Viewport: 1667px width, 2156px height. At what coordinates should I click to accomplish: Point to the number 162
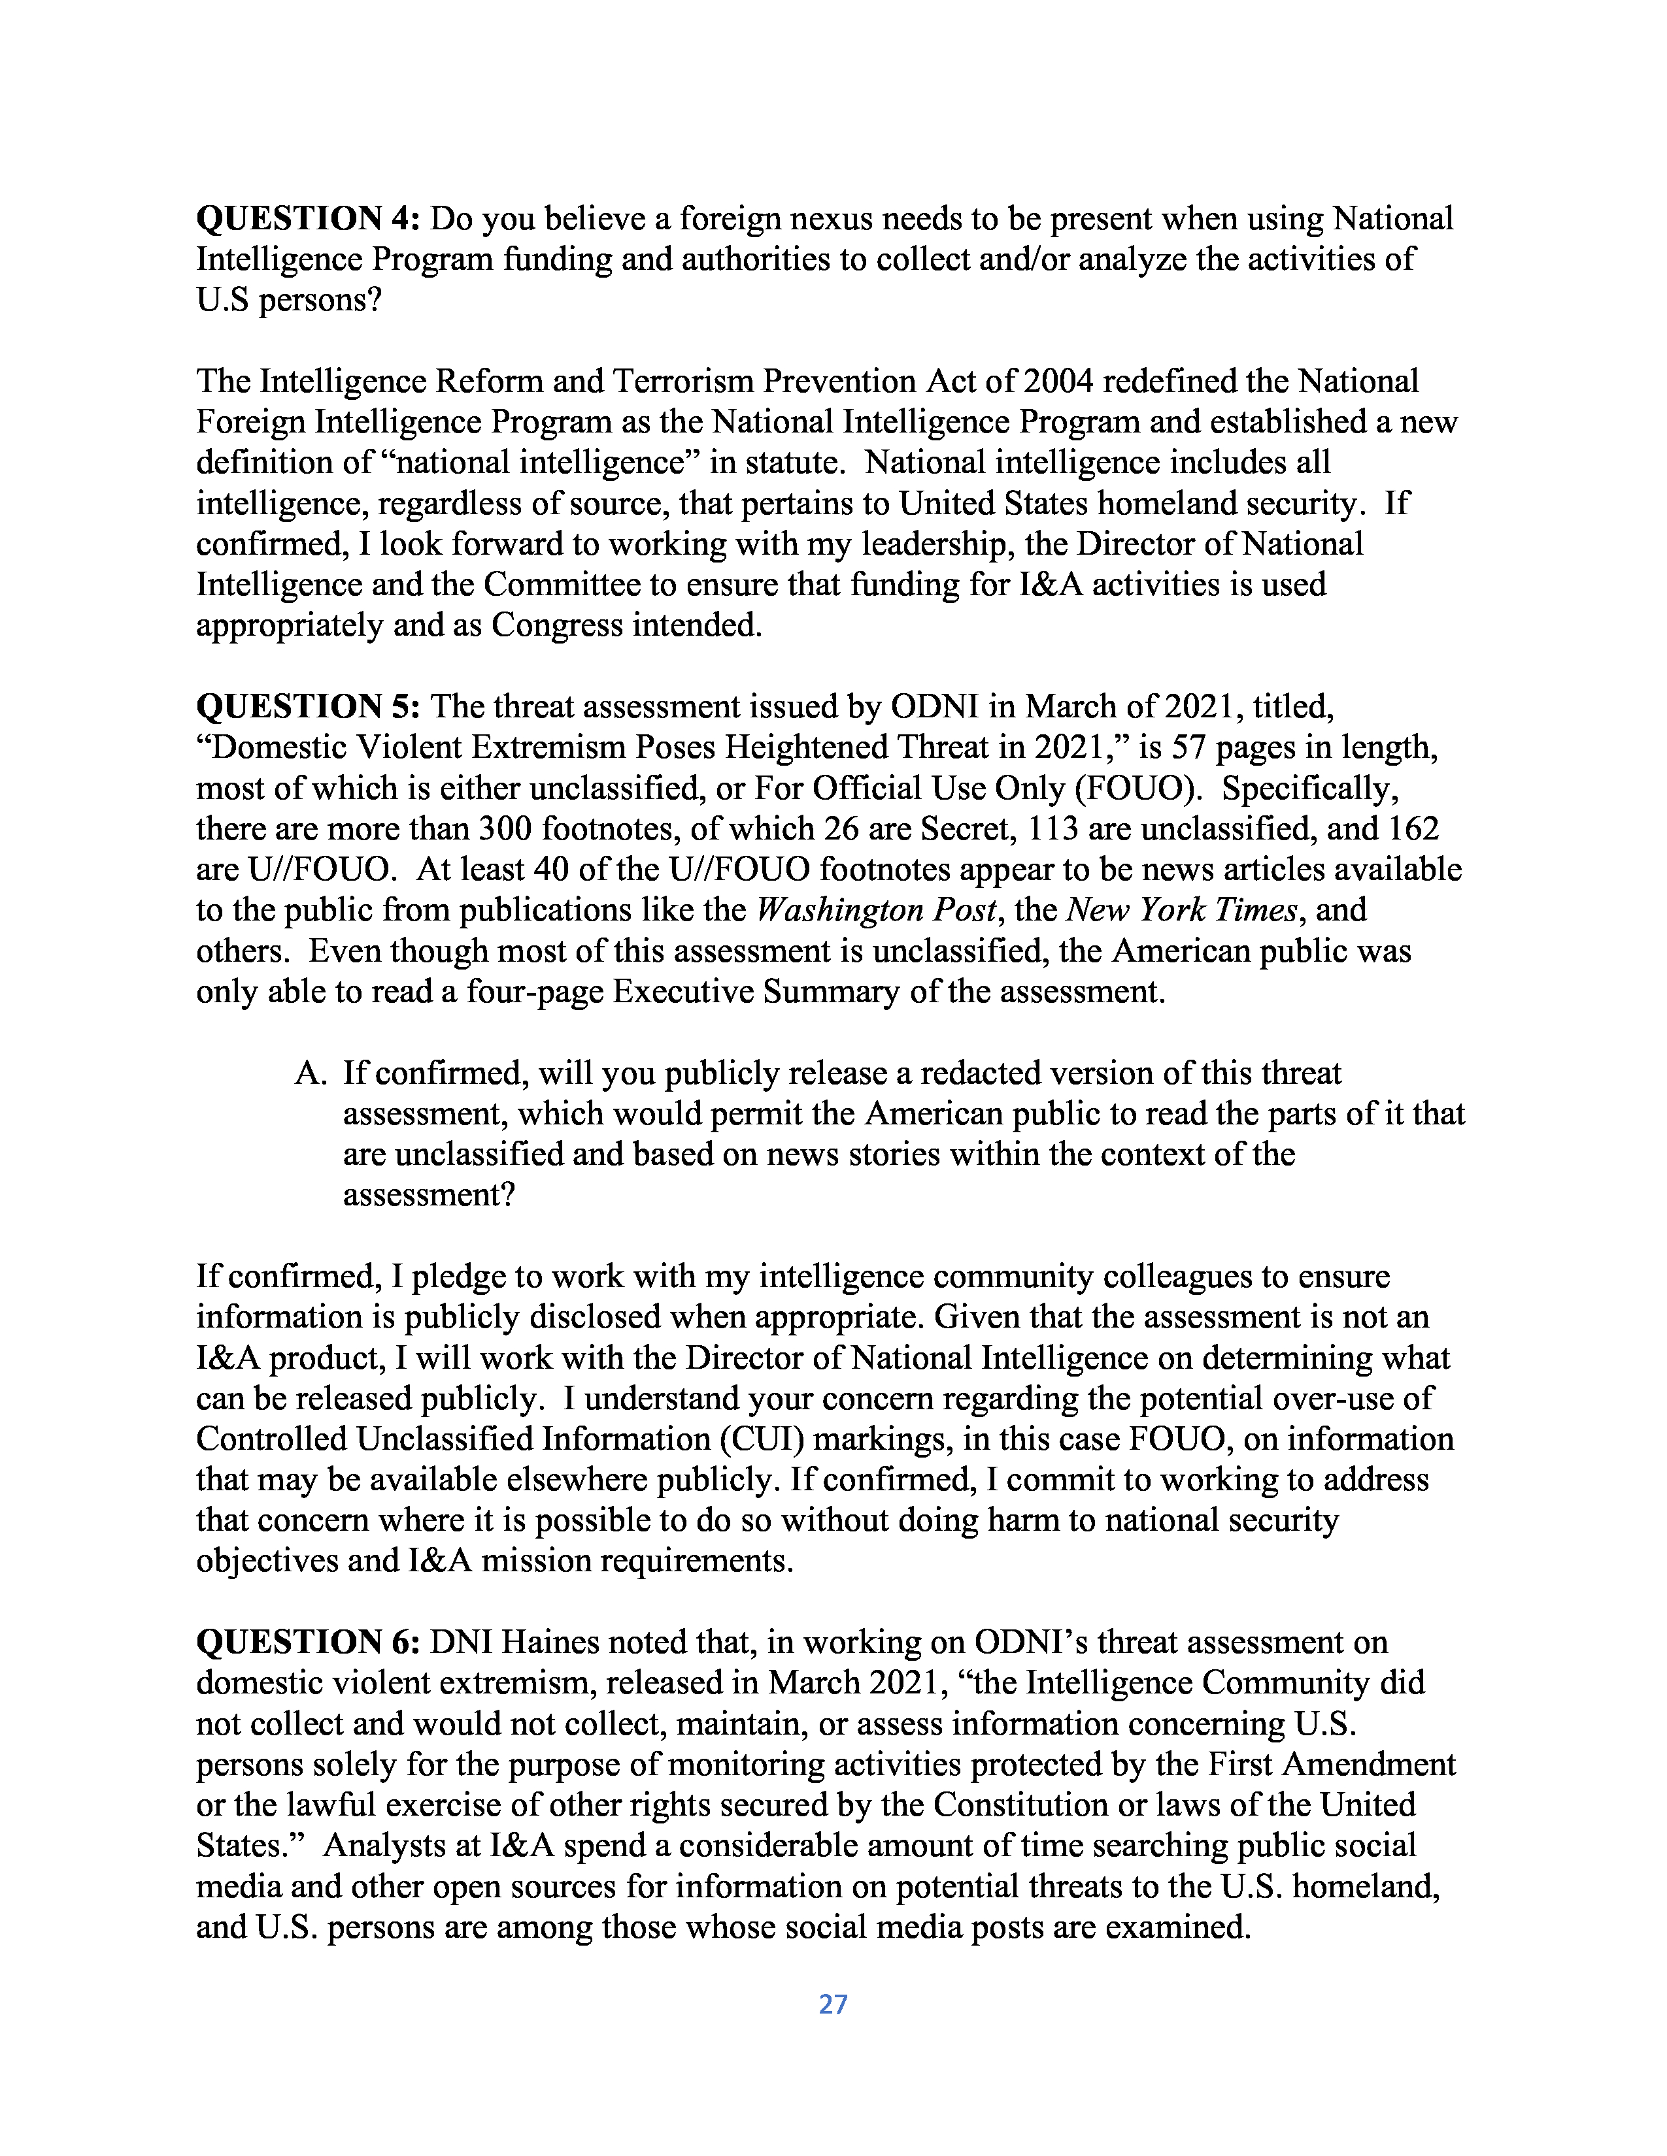click(x=1413, y=828)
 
